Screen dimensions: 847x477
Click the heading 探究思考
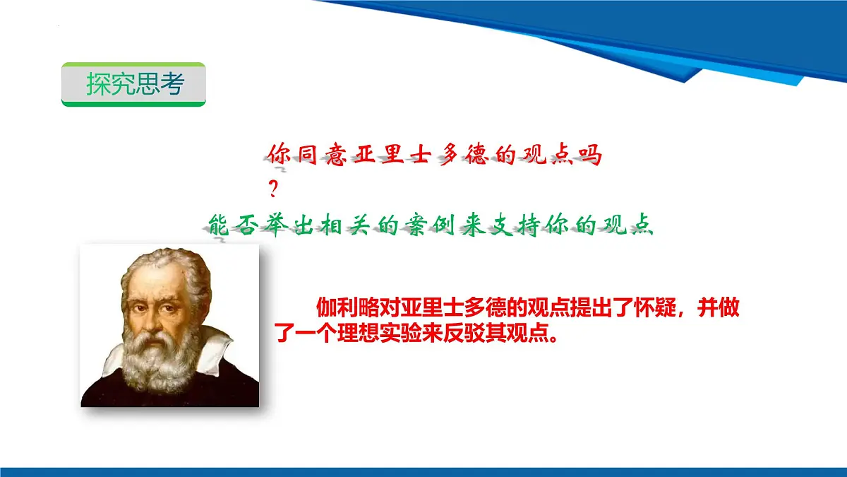(x=136, y=83)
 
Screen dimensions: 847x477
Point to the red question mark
(x=273, y=189)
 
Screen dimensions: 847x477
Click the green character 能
(x=220, y=226)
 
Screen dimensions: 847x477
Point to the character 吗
(x=590, y=155)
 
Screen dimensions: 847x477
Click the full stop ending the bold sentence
(x=553, y=338)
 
